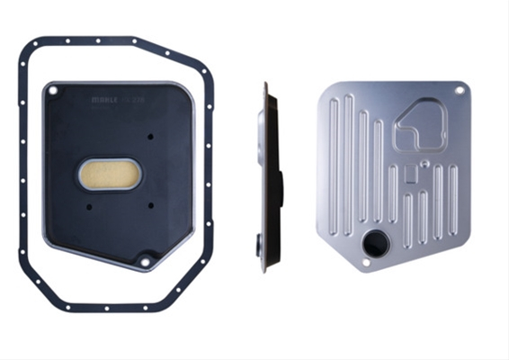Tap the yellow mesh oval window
click(110, 175)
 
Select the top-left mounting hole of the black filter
click(53, 90)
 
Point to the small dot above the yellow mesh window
click(150, 137)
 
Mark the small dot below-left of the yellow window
click(90, 206)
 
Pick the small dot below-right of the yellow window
click(151, 205)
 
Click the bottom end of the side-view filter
click(263, 268)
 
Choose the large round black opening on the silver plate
click(374, 243)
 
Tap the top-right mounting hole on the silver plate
click(460, 90)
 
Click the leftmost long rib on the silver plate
click(335, 162)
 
